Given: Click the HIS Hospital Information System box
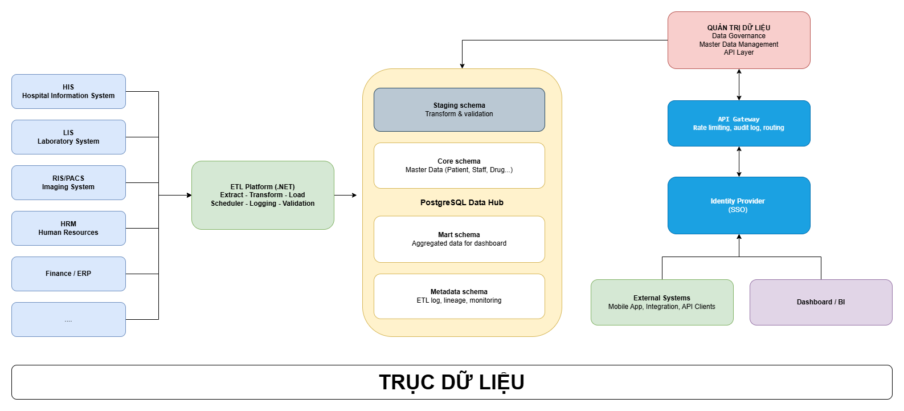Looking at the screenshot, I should (68, 91).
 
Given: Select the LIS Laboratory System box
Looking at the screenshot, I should (68, 137).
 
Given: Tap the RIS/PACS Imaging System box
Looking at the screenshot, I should (68, 182).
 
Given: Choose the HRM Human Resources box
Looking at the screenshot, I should (68, 228).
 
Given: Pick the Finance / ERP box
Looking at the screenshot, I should (68, 274).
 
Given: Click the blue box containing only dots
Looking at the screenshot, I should (68, 319).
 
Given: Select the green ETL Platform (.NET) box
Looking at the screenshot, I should (263, 195).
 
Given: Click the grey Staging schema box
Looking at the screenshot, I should (459, 109).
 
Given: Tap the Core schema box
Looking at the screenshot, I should (459, 165).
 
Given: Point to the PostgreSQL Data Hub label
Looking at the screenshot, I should (461, 202).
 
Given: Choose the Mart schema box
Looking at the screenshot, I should (459, 239).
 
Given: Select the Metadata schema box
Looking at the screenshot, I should (459, 296).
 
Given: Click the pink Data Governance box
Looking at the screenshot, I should (739, 40).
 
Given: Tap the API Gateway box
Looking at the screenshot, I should (739, 123).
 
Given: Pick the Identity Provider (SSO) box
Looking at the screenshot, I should (739, 205).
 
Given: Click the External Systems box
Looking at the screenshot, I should (662, 302).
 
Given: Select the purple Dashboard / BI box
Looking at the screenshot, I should (821, 302).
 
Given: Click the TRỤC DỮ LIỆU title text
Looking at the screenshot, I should (452, 382).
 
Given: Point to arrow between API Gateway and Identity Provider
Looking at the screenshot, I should (739, 161).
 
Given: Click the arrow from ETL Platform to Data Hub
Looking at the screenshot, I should (345, 195).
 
